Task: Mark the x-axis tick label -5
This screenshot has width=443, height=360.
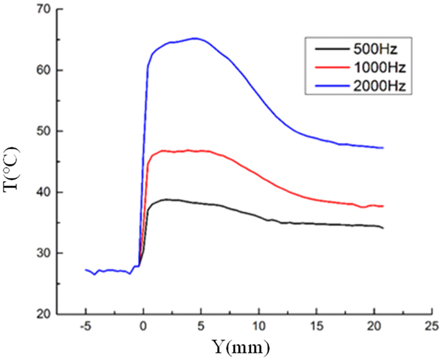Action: click(x=85, y=327)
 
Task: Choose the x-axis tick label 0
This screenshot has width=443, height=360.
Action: click(x=144, y=327)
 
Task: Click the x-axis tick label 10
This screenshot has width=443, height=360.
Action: click(x=258, y=327)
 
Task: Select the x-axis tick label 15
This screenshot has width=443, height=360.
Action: click(x=316, y=327)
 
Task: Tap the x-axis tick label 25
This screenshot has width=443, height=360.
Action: click(x=431, y=327)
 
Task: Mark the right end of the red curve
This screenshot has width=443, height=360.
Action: click(x=384, y=206)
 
